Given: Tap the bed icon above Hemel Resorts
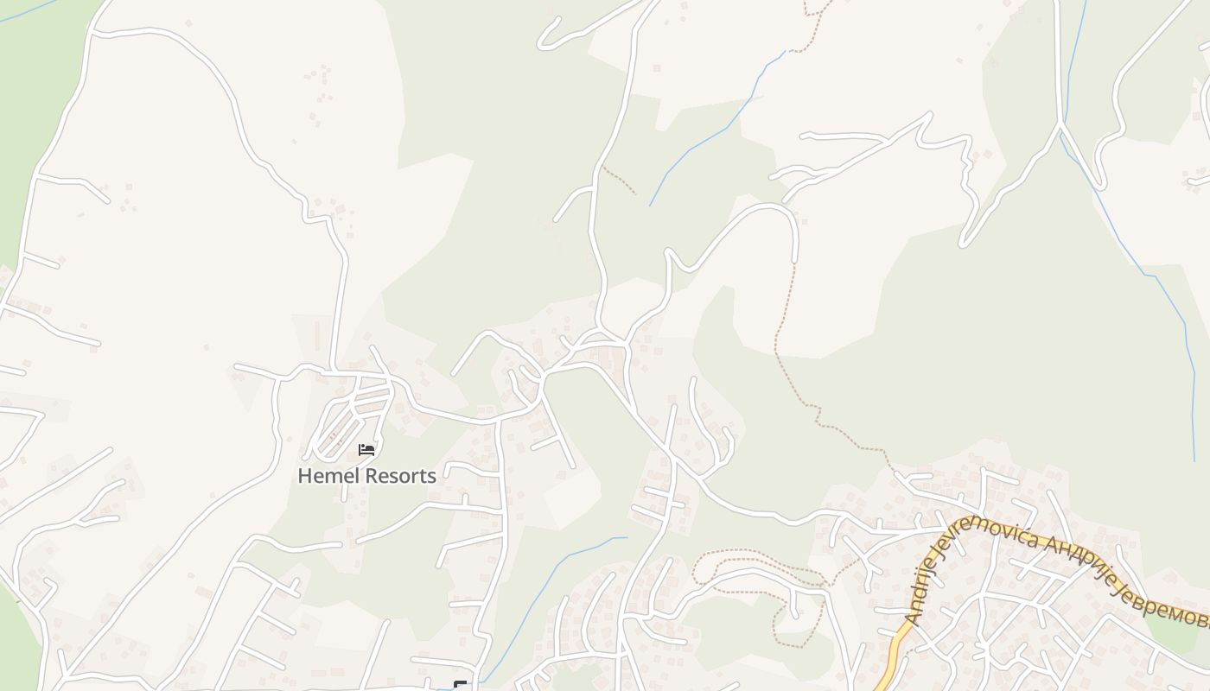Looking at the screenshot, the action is tap(366, 449).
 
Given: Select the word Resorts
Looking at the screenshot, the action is tap(400, 476).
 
